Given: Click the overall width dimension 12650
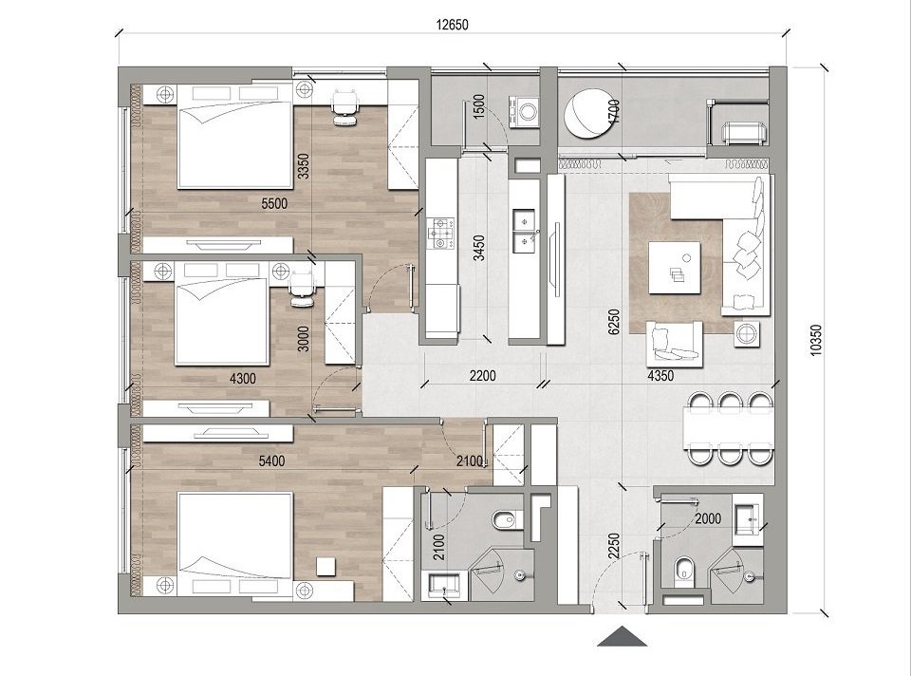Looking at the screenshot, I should [x=453, y=26].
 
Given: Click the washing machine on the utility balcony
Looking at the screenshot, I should [x=523, y=110].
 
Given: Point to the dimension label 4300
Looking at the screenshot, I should [x=244, y=378].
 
